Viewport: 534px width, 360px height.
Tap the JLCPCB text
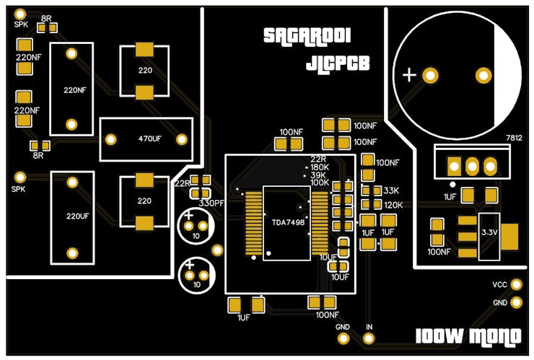(x=338, y=63)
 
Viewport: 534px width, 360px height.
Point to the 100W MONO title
(x=469, y=337)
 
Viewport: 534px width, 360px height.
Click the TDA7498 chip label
(x=287, y=224)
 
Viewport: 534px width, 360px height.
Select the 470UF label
(x=149, y=139)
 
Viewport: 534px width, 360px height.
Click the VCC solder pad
(x=517, y=285)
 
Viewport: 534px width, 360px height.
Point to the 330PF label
(x=211, y=203)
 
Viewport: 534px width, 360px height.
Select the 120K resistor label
(x=393, y=206)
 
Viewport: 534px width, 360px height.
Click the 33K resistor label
(x=391, y=191)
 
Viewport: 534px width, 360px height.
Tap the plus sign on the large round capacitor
(x=409, y=74)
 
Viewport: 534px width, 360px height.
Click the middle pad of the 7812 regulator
(x=472, y=166)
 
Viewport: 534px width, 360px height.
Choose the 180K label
(x=320, y=167)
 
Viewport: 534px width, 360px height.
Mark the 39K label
(x=318, y=175)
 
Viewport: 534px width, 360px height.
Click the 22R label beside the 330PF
(x=180, y=184)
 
